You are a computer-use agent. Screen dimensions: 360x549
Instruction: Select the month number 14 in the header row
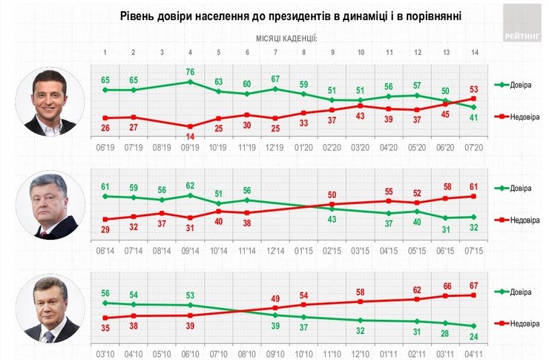pos(473,53)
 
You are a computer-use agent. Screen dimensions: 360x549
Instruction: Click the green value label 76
pos(191,72)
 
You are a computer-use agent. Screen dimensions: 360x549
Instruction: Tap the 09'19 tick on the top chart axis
pos(191,148)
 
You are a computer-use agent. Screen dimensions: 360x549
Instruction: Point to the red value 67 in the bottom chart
pos(473,285)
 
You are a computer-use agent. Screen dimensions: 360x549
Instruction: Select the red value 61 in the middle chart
pos(473,186)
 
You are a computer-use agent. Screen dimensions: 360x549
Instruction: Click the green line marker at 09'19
pos(191,82)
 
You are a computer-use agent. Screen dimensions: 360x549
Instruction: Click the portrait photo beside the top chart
pos(51,102)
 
